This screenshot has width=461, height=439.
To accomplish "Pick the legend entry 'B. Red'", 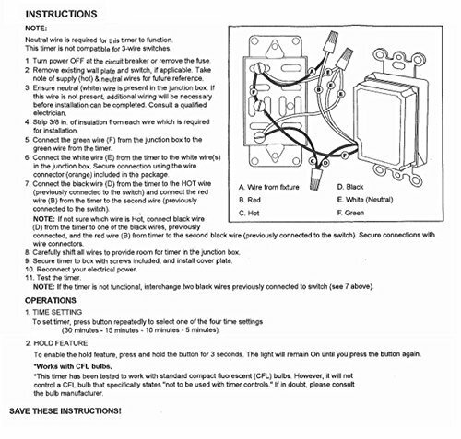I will [251, 199].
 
